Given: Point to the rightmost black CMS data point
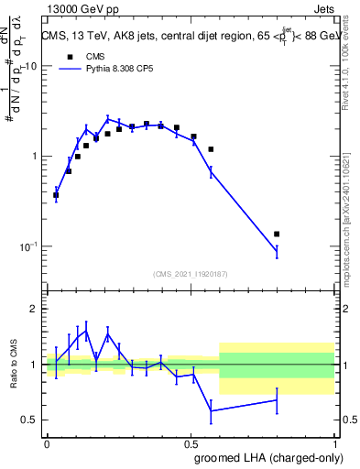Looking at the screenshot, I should pyautogui.click(x=277, y=234).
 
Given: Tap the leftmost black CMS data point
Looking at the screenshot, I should pyautogui.click(x=56, y=195).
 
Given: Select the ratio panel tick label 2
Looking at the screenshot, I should pyautogui.click(x=37, y=310).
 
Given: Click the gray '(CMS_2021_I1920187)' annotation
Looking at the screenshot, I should pyautogui.click(x=191, y=273).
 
